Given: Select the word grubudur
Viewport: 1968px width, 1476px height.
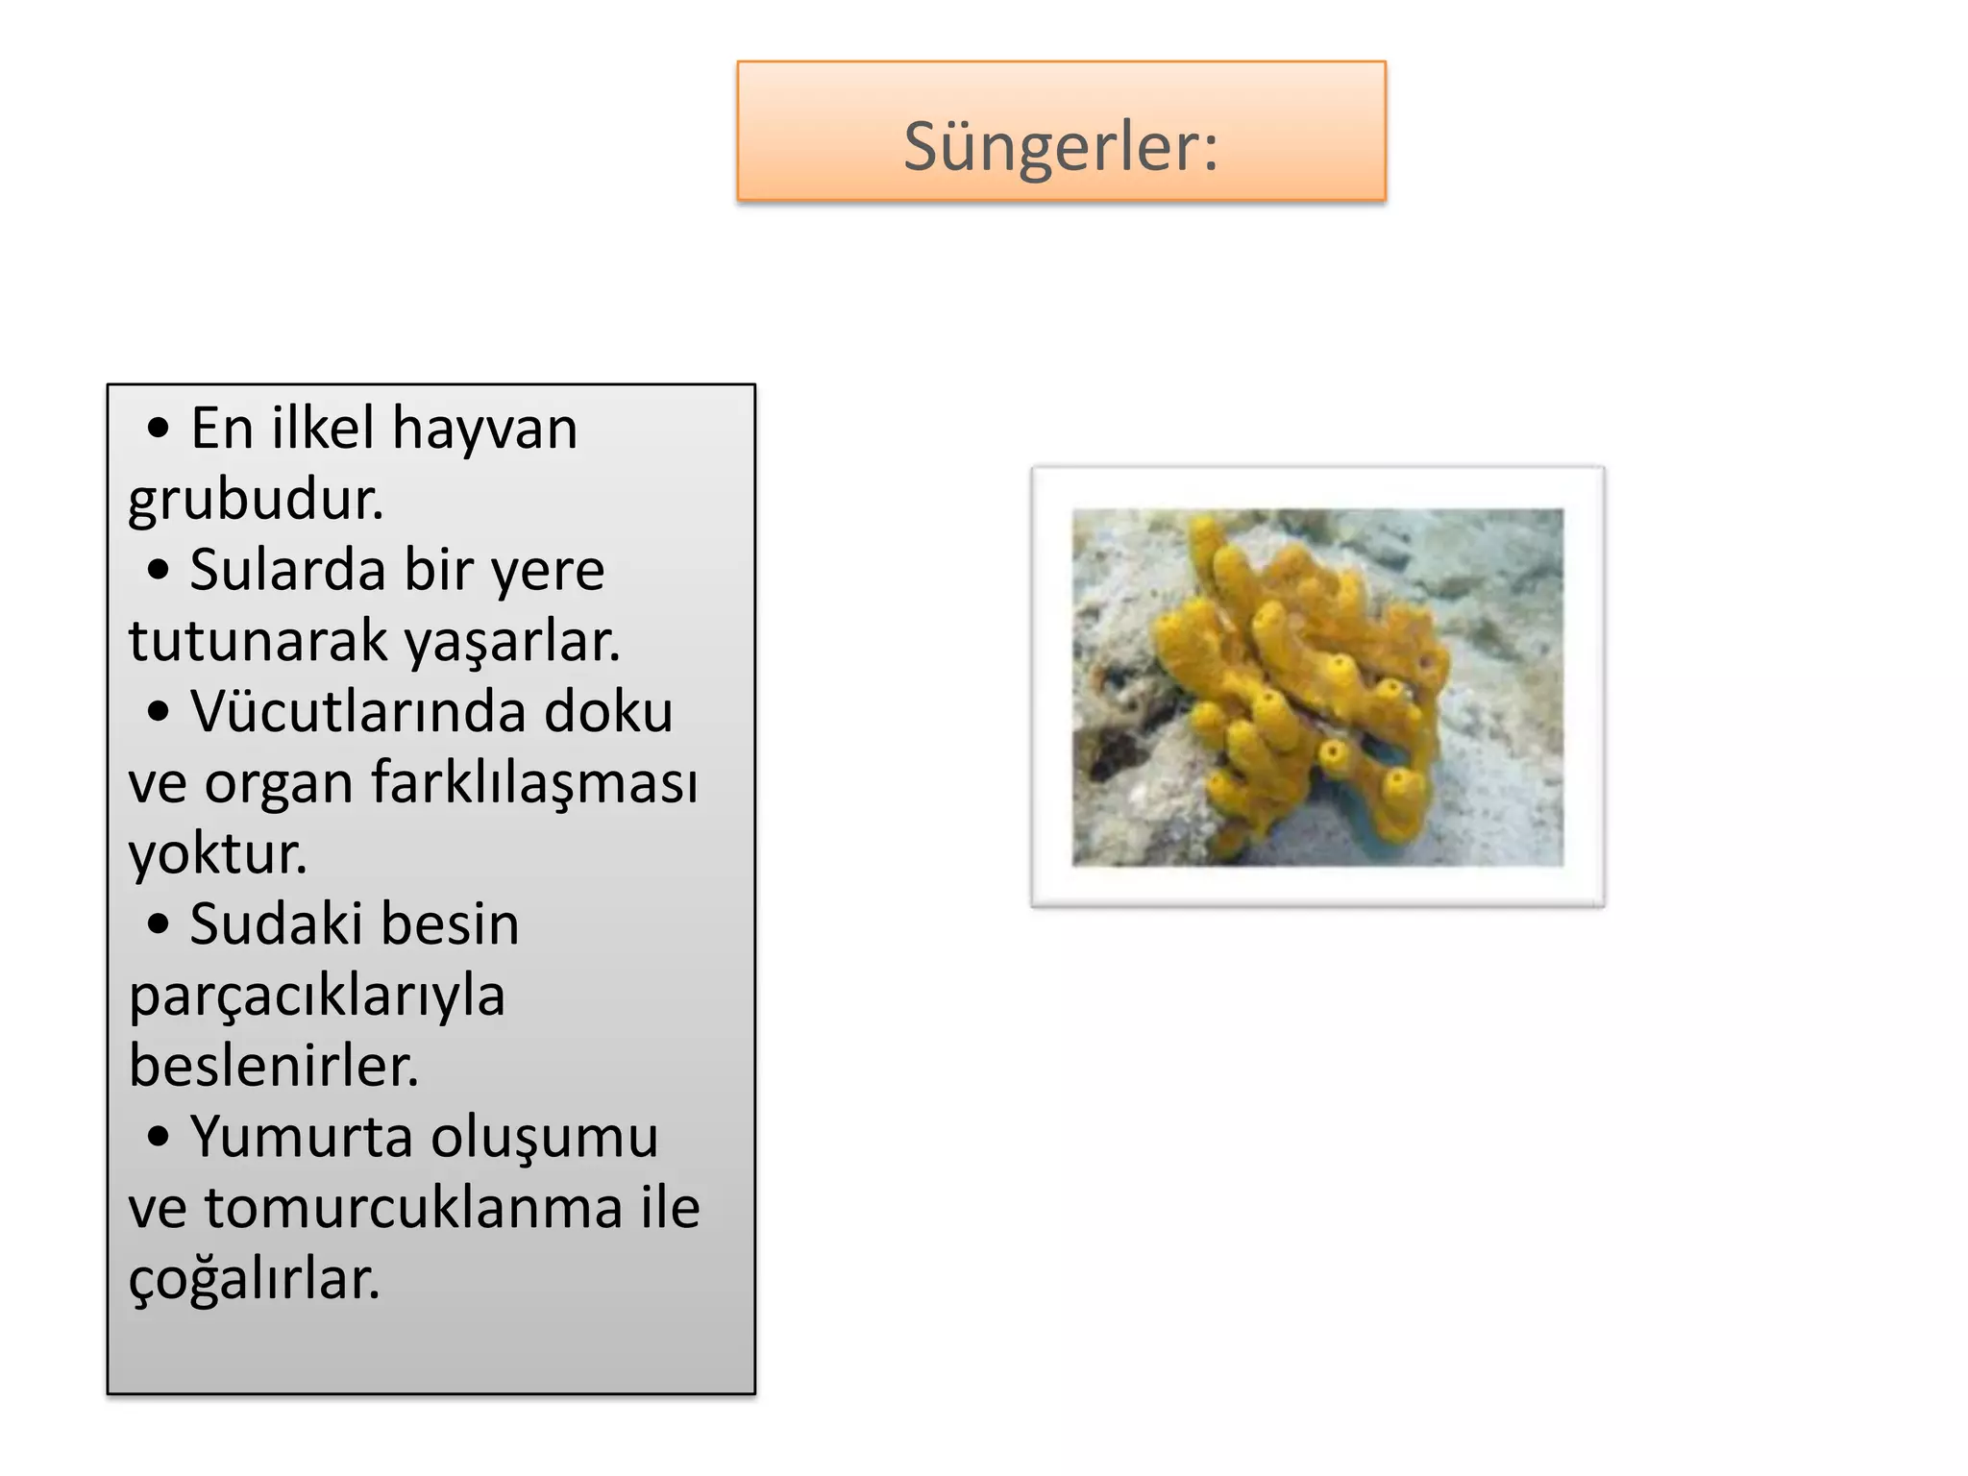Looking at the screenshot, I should [x=256, y=500].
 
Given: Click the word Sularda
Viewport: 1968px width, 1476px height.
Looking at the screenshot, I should [x=286, y=570].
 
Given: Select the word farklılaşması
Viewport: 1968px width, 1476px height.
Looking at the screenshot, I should [x=534, y=782].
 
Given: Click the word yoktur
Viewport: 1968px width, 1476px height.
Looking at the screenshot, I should [x=217, y=853].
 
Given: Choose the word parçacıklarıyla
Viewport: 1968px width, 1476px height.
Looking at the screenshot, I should [x=317, y=996].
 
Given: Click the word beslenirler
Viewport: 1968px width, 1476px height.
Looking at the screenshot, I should [x=274, y=1066].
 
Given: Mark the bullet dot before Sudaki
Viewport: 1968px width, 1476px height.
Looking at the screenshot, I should [x=159, y=925].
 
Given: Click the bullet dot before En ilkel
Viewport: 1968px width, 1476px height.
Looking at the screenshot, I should [x=159, y=430].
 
